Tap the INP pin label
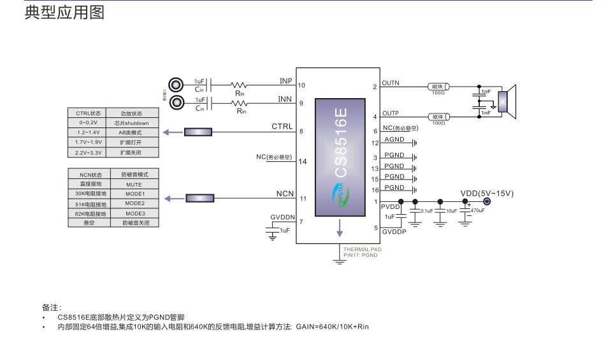point(285,81)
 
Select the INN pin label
point(285,99)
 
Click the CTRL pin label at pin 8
point(282,127)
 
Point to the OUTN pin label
point(391,83)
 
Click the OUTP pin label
point(391,113)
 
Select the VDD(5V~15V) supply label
point(487,193)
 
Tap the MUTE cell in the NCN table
point(134,184)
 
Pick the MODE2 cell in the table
point(134,203)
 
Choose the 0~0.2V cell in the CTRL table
point(89,123)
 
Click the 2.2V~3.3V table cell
point(89,153)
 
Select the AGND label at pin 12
point(394,140)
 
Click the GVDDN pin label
point(282,217)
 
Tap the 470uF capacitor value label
point(477,210)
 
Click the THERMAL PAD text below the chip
point(362,250)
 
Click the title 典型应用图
point(64,13)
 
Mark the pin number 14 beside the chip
point(303,161)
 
